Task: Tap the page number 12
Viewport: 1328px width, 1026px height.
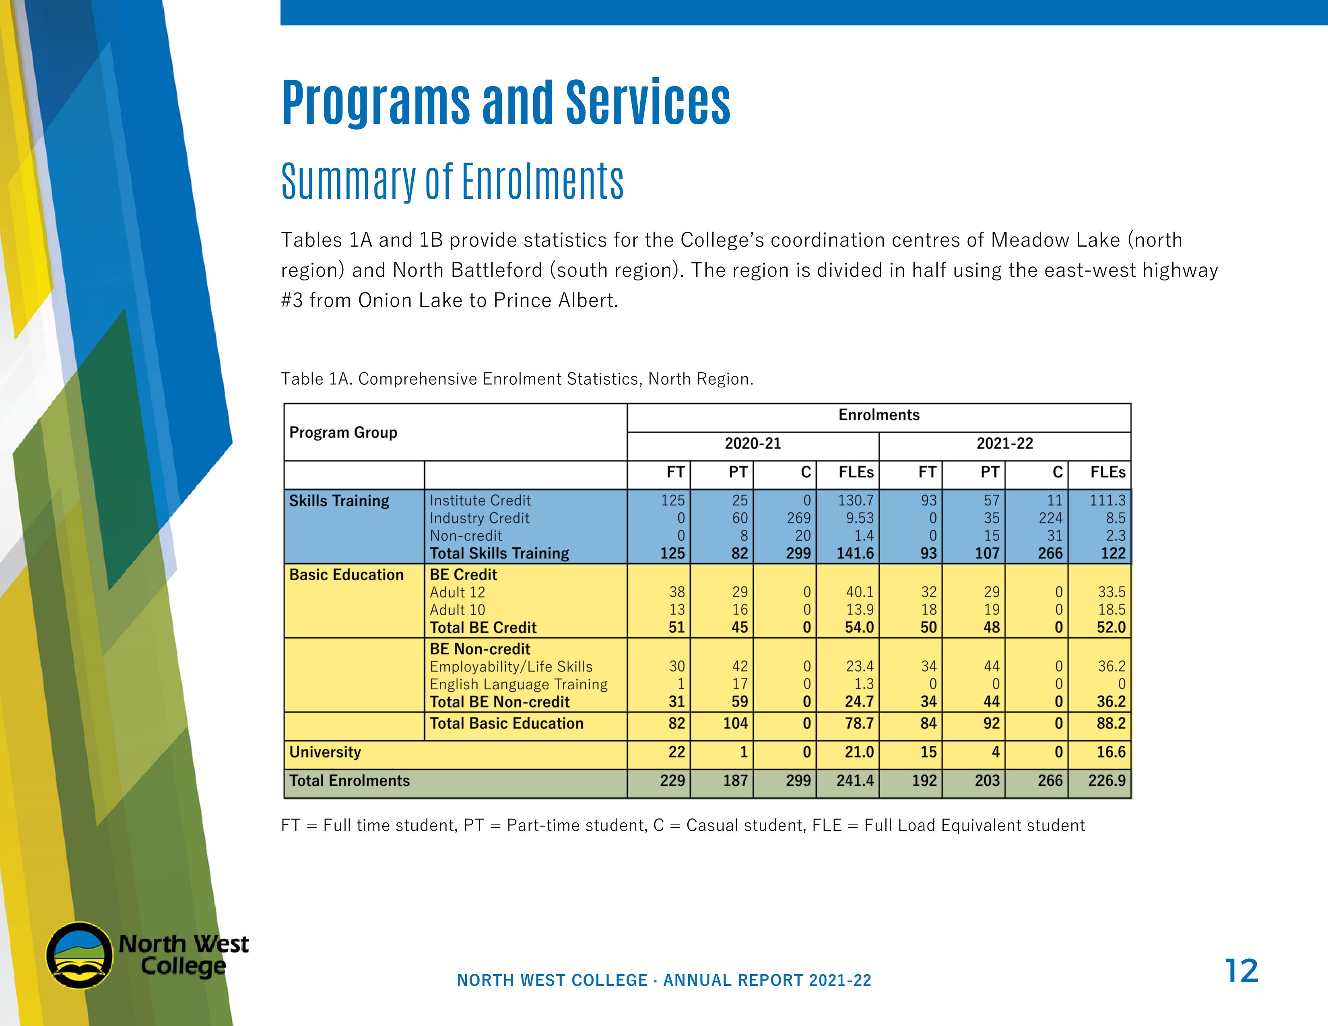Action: pyautogui.click(x=1241, y=971)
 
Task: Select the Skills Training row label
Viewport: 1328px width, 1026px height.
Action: pyautogui.click(x=339, y=501)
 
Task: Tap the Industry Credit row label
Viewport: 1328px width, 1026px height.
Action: pyautogui.click(x=479, y=519)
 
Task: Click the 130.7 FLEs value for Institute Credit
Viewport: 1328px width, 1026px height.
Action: pyautogui.click(x=856, y=501)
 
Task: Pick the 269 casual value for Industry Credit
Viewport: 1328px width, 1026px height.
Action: pyautogui.click(x=798, y=519)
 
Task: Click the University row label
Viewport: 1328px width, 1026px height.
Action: pyautogui.click(x=325, y=752)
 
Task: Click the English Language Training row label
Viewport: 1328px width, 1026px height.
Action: pyautogui.click(x=518, y=684)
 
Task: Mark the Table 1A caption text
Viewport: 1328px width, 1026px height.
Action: pyautogui.click(x=517, y=379)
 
